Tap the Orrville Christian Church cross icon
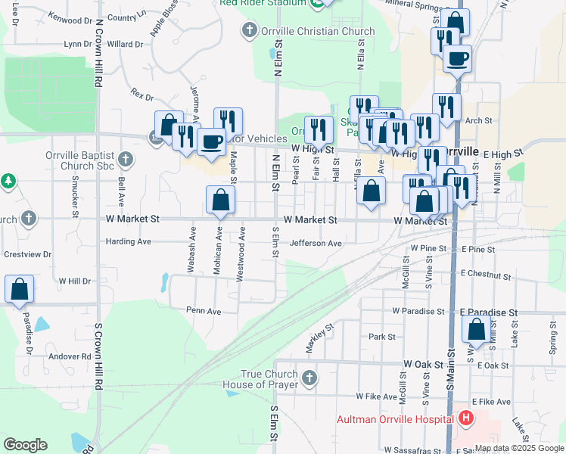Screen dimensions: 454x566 click(248, 31)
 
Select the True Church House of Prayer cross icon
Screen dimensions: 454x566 click(308, 378)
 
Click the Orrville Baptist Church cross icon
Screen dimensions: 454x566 click(126, 160)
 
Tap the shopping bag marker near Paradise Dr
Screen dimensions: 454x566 click(19, 289)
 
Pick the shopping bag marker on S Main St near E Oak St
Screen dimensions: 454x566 click(476, 329)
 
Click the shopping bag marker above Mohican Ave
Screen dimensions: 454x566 click(220, 201)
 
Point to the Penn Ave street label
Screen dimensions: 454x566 click(204, 310)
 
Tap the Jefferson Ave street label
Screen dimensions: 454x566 click(316, 243)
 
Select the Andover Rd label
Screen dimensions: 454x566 click(70, 356)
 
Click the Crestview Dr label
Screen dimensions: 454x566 click(26, 254)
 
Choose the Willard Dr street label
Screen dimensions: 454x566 click(125, 44)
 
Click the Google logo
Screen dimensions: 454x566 click(25, 445)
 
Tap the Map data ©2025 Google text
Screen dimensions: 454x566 click(518, 448)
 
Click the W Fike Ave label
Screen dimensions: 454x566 click(377, 396)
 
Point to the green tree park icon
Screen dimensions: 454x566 click(8, 182)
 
